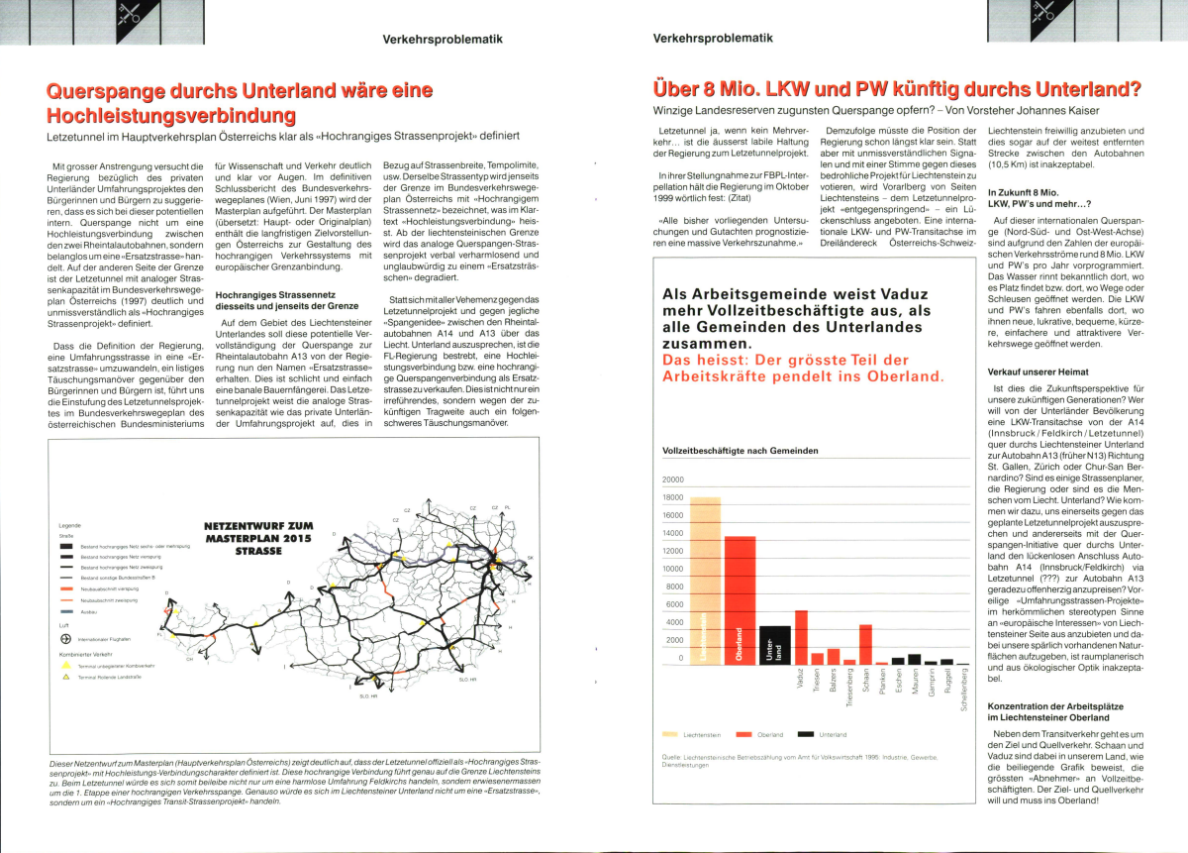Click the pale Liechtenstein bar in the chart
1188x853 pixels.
click(x=705, y=580)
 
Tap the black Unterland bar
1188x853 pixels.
click(x=774, y=644)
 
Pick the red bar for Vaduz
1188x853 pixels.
click(x=801, y=637)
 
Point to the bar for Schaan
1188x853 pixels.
click(x=865, y=644)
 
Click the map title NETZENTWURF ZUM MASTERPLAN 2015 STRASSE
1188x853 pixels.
click(x=258, y=538)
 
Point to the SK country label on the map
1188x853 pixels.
click(x=530, y=558)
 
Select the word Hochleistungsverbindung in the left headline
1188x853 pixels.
click(x=161, y=114)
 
